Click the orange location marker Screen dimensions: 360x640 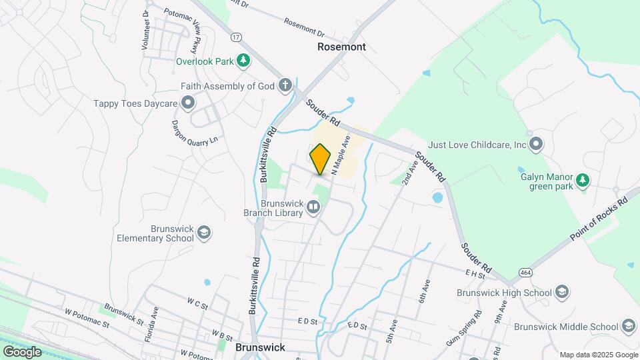point(321,159)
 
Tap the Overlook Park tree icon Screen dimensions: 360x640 point(244,61)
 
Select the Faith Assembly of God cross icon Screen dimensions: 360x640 point(285,86)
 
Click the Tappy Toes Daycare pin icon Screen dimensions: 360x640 point(188,103)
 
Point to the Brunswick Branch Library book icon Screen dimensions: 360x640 point(313,209)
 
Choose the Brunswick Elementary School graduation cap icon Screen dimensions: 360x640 point(204,233)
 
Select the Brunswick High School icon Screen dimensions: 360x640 point(562,292)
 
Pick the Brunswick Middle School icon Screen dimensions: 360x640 point(628,327)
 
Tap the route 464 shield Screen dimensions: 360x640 point(526,273)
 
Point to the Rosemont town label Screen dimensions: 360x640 point(341,47)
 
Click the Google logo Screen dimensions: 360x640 point(22,351)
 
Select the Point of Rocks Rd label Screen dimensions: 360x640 point(600,219)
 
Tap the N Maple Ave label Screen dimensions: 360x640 point(341,154)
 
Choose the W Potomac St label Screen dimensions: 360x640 point(87,318)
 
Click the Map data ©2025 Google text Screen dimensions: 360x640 point(598,355)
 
